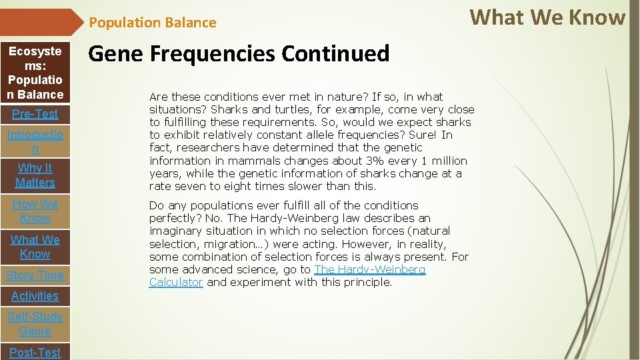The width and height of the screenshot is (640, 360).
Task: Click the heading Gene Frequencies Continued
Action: (239, 53)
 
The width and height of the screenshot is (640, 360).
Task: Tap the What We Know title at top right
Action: (547, 17)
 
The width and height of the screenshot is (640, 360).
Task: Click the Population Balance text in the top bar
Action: (153, 23)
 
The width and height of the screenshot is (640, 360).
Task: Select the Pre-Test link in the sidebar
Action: (35, 114)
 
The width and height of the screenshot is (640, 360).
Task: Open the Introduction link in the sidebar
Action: (35, 142)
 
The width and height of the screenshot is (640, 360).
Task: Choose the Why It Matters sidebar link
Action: (35, 175)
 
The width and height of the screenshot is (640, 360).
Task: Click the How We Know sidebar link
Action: (35, 211)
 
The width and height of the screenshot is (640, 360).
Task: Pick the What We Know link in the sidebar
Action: (35, 247)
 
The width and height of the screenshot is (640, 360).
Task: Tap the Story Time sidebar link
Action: (35, 275)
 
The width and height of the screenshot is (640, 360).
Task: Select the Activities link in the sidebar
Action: (35, 296)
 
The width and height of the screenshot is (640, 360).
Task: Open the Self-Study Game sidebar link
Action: (35, 324)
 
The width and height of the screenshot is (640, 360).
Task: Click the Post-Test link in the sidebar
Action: (35, 352)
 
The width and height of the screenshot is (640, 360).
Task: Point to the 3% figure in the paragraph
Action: (375, 161)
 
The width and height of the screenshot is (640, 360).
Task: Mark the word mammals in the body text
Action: (251, 161)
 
